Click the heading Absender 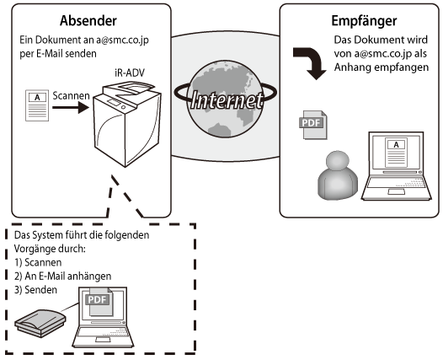click(88, 20)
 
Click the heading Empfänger click(364, 20)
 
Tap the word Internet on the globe click(227, 100)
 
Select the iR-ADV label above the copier click(130, 73)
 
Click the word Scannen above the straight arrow click(72, 96)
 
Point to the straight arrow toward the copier click(71, 107)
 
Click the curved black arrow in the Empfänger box click(310, 63)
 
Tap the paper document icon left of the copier click(37, 105)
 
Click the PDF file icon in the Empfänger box click(313, 125)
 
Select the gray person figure click(338, 175)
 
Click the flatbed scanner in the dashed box click(40, 323)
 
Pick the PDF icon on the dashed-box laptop click(99, 302)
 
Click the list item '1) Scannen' click(38, 262)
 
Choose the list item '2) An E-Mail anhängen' click(62, 276)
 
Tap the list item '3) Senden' click(35, 289)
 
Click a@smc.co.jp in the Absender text click(122, 40)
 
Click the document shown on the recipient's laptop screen click(396, 153)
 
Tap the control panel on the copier click(114, 102)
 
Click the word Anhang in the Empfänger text click(350, 67)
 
